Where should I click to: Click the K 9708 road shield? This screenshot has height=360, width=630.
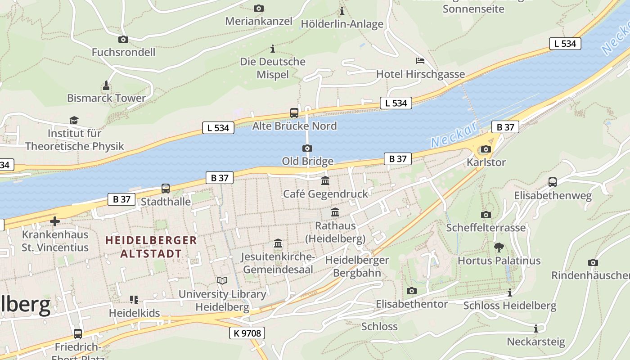[x=247, y=333]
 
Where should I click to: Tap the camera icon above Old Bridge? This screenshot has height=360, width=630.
[x=307, y=148]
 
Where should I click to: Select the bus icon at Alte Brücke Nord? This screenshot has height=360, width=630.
[x=294, y=113]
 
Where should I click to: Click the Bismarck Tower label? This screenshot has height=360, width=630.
[x=106, y=98]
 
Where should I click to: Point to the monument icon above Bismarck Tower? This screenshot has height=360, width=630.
[x=106, y=85]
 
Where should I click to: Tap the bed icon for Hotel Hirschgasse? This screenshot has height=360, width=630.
[x=420, y=60]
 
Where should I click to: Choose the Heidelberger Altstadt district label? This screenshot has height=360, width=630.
[x=151, y=247]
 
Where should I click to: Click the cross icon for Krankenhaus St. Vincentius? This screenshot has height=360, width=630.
[x=55, y=221]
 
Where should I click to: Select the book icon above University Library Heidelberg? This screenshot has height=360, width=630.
[x=222, y=281]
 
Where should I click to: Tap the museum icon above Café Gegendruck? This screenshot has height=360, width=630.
[x=325, y=181]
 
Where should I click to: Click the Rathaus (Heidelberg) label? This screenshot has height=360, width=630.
[x=335, y=232]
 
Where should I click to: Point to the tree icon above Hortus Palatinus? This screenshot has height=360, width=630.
[x=499, y=247]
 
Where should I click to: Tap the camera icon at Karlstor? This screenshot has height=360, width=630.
[x=486, y=149]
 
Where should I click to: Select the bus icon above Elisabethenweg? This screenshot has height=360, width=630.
[x=553, y=182]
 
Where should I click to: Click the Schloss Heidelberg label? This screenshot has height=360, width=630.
[x=510, y=306]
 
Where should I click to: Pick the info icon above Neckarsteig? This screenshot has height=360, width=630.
[x=535, y=328]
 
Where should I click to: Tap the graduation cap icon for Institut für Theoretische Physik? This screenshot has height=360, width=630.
[x=74, y=120]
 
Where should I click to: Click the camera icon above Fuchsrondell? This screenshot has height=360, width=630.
[x=123, y=40]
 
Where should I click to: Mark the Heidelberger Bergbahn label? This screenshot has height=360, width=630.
[x=357, y=266]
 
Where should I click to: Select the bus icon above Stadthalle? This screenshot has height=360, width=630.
[x=166, y=189]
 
